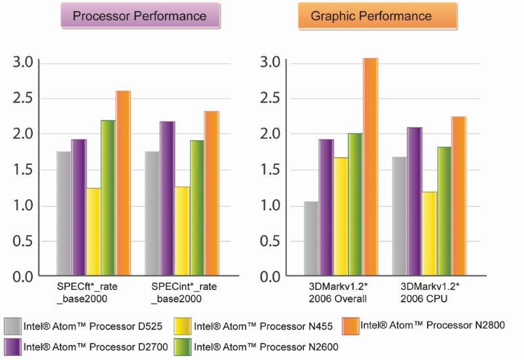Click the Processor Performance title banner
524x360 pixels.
click(x=138, y=16)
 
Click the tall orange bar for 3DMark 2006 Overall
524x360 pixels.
click(x=370, y=167)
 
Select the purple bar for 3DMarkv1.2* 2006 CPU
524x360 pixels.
click(x=415, y=201)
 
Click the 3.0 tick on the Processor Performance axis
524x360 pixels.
click(x=24, y=62)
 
